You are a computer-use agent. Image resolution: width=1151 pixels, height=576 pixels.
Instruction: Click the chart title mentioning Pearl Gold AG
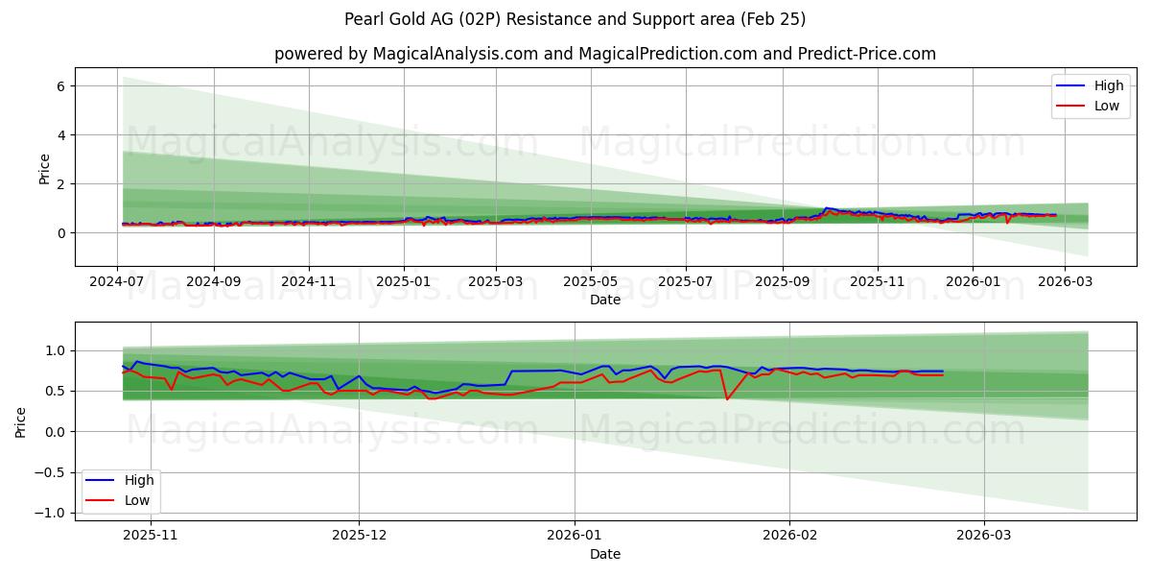click(575, 19)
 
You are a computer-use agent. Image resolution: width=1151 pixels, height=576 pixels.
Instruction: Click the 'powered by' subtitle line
click(604, 54)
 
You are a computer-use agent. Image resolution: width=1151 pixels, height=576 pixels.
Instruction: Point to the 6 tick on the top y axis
click(59, 86)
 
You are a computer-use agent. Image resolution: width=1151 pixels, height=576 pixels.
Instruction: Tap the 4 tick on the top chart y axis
click(59, 135)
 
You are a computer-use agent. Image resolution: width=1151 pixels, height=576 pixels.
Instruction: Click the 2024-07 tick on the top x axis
click(117, 282)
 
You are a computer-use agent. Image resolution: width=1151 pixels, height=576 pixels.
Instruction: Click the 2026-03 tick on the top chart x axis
click(1065, 282)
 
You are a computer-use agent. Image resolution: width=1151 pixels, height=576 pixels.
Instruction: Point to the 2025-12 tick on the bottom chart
click(360, 536)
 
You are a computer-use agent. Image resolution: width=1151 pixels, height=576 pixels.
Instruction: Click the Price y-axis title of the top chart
click(44, 168)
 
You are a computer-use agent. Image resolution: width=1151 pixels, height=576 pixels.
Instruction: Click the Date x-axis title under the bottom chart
click(604, 554)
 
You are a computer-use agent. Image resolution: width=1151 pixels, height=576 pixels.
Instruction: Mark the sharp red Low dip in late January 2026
click(726, 398)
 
